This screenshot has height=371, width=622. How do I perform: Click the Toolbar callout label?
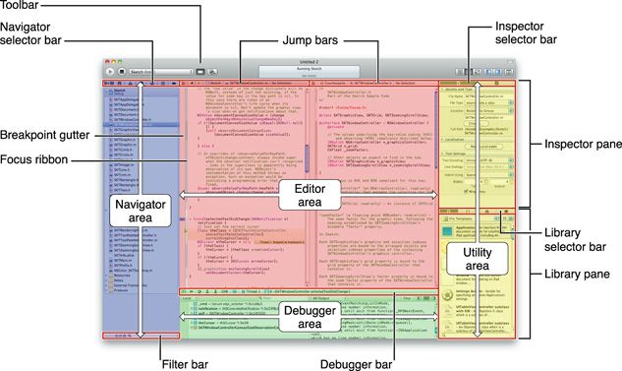(21, 7)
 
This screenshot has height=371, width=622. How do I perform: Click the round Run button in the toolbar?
(110, 72)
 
